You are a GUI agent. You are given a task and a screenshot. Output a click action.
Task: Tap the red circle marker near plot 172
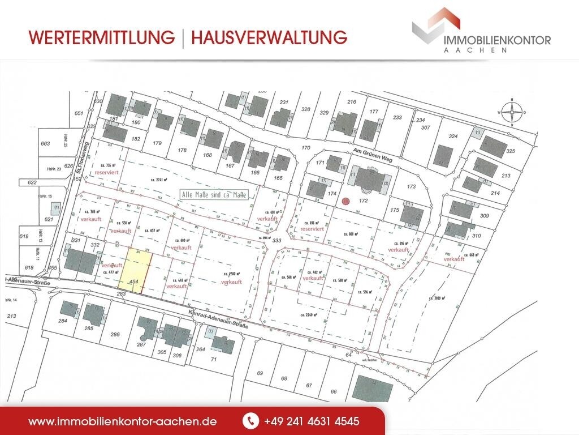(346, 200)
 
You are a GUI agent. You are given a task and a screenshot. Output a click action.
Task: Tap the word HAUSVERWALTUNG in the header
(269, 37)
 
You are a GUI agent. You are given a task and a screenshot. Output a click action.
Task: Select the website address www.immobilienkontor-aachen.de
(123, 421)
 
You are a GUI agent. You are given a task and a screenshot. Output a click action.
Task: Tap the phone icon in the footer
(249, 421)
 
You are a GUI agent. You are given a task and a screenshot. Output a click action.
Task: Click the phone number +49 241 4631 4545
(311, 421)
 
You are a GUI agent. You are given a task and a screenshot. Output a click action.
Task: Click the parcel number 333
(277, 241)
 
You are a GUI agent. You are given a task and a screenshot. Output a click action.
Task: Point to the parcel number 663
(46, 144)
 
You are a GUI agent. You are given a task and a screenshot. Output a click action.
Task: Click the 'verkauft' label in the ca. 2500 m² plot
(232, 282)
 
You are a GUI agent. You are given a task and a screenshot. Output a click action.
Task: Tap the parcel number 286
(115, 335)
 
